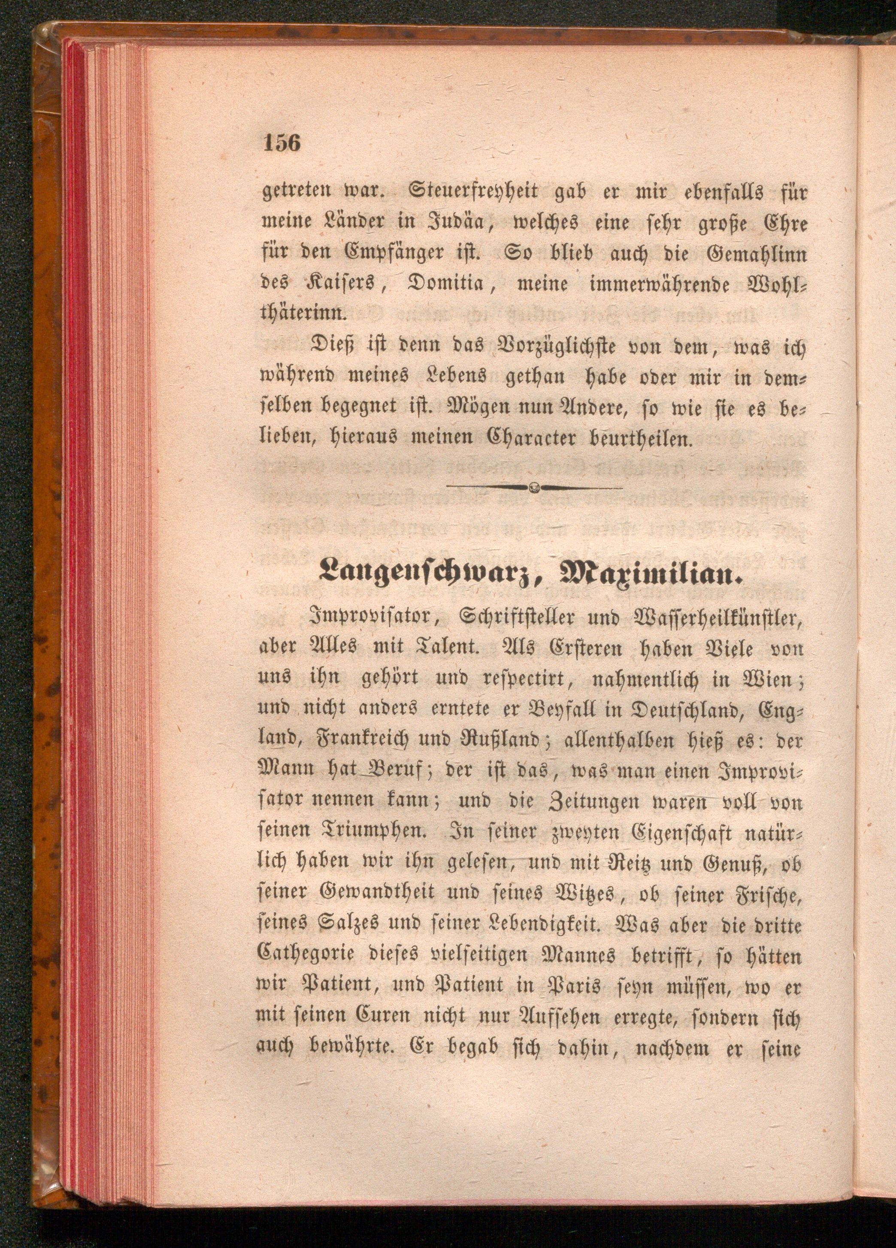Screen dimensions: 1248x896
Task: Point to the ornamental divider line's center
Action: click(x=533, y=487)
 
